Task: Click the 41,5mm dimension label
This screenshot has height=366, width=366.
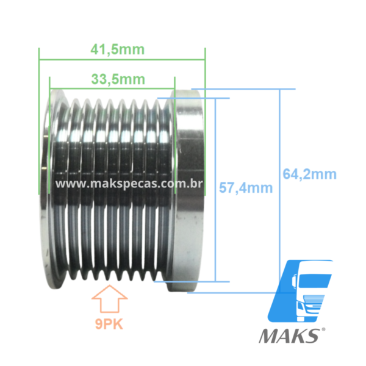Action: [118, 50]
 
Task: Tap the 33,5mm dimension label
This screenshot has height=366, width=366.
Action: [118, 79]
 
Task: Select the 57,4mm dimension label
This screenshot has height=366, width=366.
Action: [246, 188]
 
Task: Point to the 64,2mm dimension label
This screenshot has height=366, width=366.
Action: [309, 174]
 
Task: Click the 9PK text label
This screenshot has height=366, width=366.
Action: [109, 325]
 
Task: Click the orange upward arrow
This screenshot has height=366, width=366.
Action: [109, 298]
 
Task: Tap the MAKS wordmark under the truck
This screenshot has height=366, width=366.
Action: [289, 336]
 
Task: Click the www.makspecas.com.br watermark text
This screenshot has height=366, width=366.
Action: [129, 184]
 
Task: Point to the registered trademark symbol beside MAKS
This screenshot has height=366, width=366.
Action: [323, 329]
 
